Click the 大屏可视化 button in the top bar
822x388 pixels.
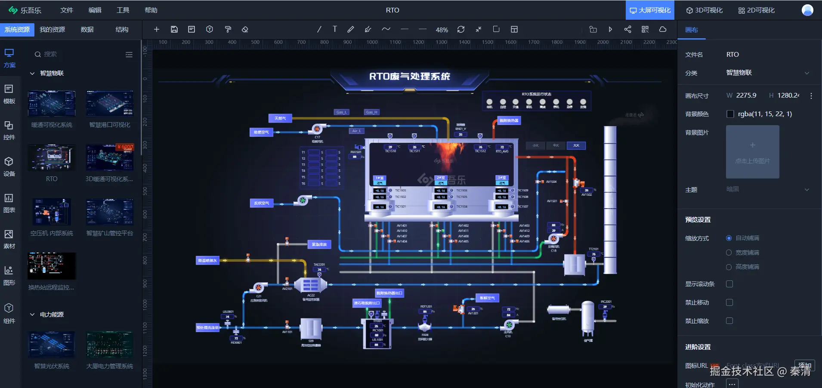pos(650,10)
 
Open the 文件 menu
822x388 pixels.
pos(67,10)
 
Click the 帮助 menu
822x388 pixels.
pos(151,10)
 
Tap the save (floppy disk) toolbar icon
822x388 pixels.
pos(174,29)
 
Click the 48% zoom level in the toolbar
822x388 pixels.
pos(442,30)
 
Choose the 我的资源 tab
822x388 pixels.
pos(52,29)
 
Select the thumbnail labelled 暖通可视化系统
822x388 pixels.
pos(52,104)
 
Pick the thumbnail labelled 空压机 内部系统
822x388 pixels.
pos(52,212)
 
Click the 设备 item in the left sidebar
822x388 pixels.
pos(9,166)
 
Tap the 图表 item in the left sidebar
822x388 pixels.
pos(9,203)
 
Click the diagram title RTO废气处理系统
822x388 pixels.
pos(409,77)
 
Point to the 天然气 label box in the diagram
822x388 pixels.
pos(280,118)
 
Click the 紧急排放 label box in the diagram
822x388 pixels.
pos(319,244)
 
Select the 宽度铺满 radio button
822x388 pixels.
pos(729,253)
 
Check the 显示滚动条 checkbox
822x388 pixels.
pos(729,284)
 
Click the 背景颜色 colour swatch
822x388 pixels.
pos(730,114)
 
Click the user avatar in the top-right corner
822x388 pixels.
pos(807,10)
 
